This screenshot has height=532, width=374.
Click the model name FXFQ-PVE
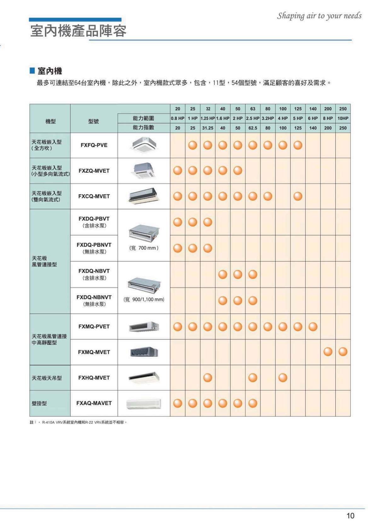point(94,145)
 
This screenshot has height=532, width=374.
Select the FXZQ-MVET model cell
point(94,171)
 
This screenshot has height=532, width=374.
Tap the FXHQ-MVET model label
point(94,378)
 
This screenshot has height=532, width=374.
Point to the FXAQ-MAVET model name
point(94,403)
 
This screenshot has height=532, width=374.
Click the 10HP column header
point(343,118)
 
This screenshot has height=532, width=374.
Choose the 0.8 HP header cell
point(178,118)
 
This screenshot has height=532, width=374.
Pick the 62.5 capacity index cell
point(253,128)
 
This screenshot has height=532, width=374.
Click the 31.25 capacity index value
point(208,128)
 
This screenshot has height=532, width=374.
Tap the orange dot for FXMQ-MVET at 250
point(343,352)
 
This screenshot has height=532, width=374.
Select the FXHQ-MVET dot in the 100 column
point(283,378)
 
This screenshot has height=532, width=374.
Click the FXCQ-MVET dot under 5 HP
point(298,196)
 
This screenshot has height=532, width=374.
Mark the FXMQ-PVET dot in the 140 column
point(313,326)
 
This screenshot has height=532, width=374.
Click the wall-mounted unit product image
point(144,403)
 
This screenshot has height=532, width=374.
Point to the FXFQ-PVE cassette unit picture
point(144,145)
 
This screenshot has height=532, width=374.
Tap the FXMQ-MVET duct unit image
point(144,352)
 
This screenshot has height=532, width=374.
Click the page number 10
point(350,516)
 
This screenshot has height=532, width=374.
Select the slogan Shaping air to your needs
point(319,16)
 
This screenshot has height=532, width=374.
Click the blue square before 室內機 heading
point(32,70)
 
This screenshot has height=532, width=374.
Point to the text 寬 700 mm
point(144,248)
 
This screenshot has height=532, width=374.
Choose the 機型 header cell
point(50,121)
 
